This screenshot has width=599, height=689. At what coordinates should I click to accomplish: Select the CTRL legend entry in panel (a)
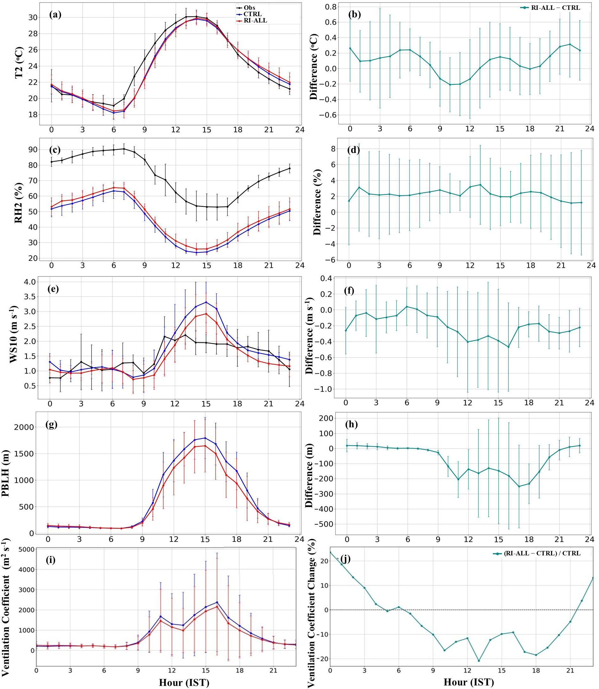point(249,14)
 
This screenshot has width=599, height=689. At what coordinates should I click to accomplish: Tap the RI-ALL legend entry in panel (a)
point(251,21)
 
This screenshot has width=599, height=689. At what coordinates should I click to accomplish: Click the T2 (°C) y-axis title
point(19,62)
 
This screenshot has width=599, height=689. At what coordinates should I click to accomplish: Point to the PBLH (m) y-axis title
point(6,473)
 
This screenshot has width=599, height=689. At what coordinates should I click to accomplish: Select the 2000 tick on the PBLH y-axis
point(24,427)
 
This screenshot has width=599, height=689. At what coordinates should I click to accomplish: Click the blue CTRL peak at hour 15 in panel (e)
point(206,302)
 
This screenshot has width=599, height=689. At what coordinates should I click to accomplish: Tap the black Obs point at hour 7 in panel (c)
point(124,149)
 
